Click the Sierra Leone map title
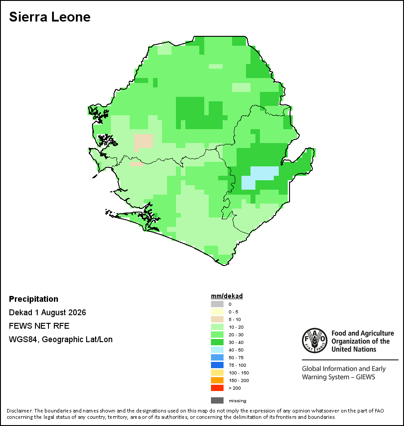50,17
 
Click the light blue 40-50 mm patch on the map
260,178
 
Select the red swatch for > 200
217,388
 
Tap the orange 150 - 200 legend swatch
217,380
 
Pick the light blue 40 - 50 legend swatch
217,350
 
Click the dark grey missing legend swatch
217,400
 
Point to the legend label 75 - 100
237,365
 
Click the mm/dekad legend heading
227,296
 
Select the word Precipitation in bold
34,299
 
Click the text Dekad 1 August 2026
47,313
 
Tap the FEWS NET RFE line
39,326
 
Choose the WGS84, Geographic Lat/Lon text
61,339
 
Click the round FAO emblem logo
315,340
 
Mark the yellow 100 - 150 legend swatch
217,373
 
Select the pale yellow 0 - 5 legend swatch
217,312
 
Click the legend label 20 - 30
236,335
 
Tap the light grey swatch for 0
217,304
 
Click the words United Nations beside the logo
354,349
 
